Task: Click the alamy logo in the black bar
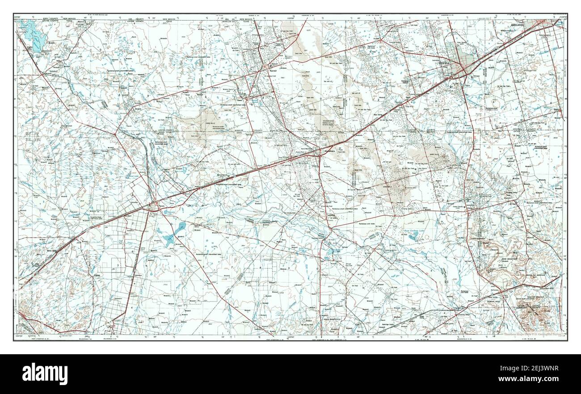(x=45, y=373)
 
